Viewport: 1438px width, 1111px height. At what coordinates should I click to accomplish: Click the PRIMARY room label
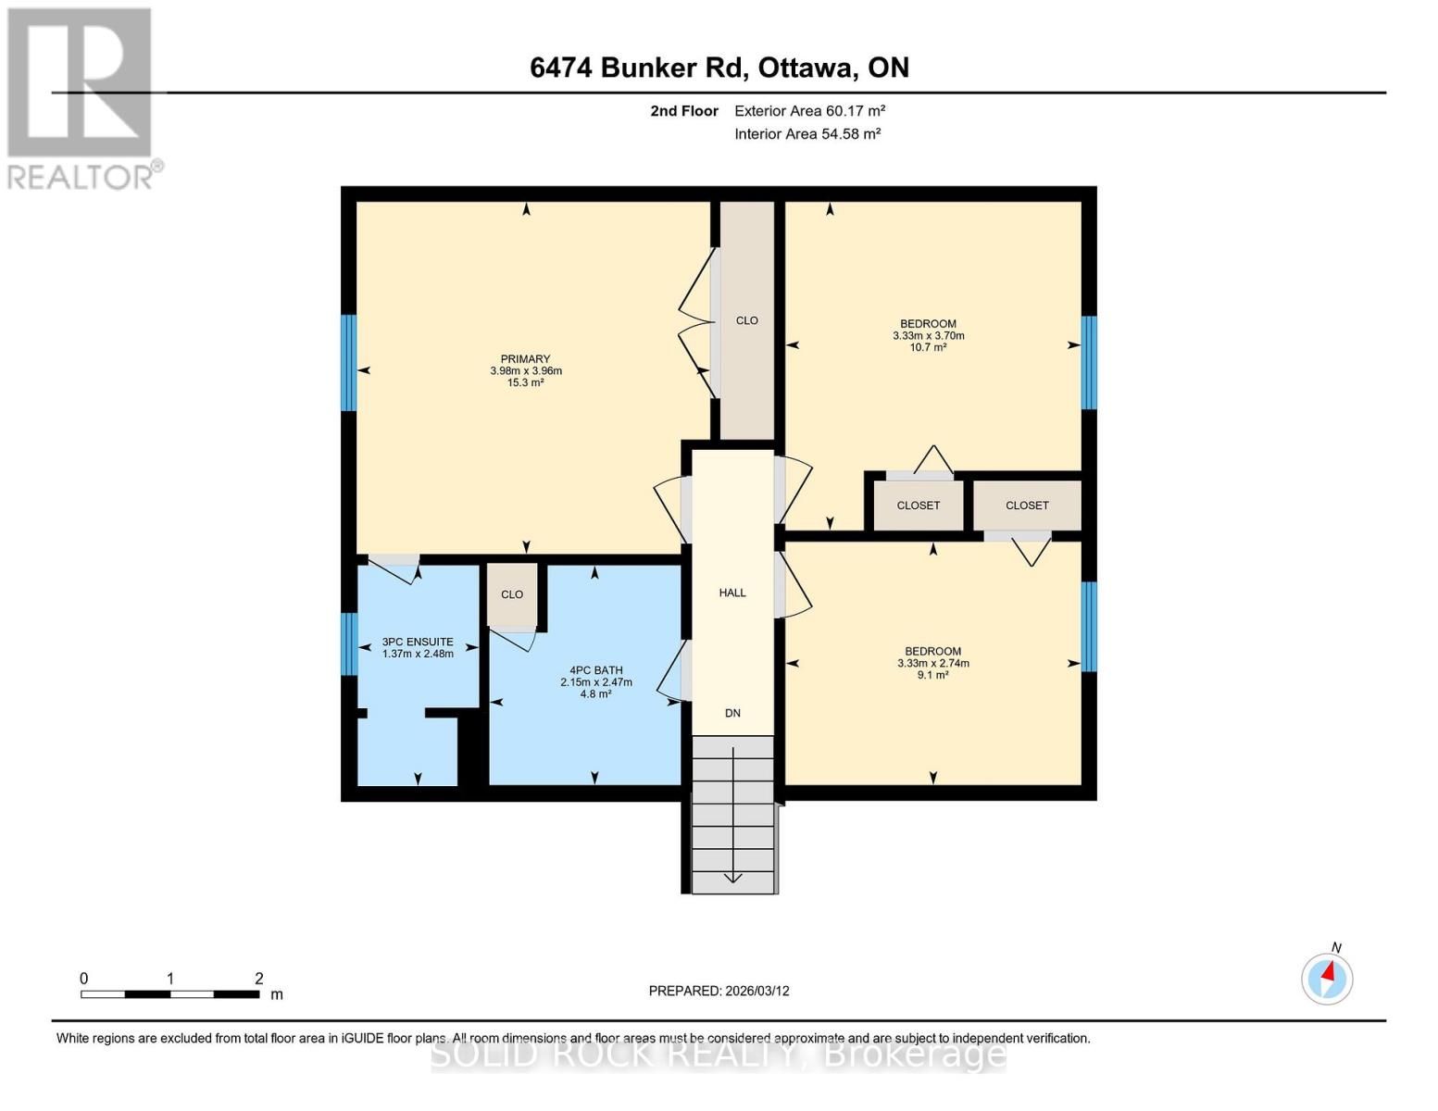(x=525, y=359)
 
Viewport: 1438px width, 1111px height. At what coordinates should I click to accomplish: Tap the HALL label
(x=732, y=593)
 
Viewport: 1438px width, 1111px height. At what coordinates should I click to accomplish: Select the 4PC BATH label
(x=595, y=670)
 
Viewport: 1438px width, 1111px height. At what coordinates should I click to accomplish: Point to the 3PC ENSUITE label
(x=418, y=642)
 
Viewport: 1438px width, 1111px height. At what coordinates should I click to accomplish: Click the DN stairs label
(x=732, y=713)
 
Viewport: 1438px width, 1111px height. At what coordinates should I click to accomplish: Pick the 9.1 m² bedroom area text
(x=932, y=675)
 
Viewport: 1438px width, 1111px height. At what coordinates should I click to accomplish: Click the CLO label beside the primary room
(x=746, y=320)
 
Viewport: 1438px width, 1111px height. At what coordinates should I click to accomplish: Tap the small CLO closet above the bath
(x=512, y=594)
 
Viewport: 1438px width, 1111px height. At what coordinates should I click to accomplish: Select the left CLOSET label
(x=918, y=506)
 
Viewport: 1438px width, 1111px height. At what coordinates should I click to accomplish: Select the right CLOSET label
(x=1027, y=506)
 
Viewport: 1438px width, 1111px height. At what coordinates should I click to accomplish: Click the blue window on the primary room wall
(x=348, y=363)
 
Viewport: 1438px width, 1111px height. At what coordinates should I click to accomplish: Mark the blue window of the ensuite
(x=348, y=644)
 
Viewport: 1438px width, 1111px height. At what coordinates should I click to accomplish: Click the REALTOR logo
(x=81, y=97)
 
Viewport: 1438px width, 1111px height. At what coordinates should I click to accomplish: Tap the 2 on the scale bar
(x=259, y=979)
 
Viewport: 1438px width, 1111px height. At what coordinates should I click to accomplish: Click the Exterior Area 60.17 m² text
(x=809, y=111)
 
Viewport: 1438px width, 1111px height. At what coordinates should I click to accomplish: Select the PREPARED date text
(x=719, y=991)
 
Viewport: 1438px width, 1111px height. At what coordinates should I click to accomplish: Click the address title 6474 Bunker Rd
(x=719, y=68)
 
